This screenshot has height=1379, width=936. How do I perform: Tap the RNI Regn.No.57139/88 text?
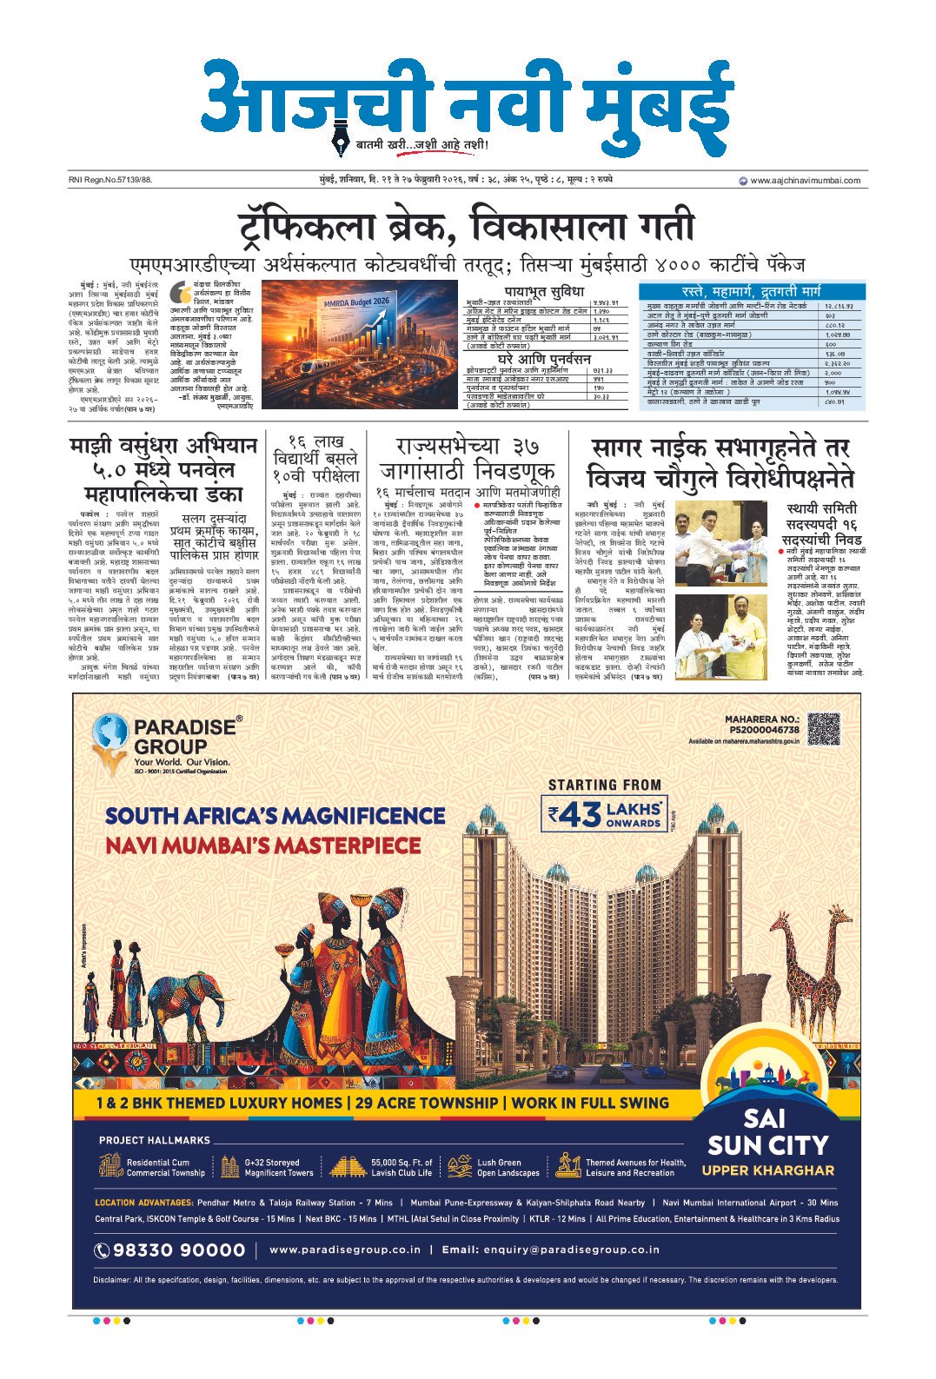pyautogui.click(x=110, y=181)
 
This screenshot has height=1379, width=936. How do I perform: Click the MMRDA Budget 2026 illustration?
pyautogui.click(x=360, y=344)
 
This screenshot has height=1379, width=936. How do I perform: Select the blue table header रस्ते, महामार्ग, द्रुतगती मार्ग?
pyautogui.click(x=751, y=291)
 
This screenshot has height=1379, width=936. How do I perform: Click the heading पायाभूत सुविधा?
pyautogui.click(x=545, y=291)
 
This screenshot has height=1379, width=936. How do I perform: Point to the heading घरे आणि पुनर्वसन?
pyautogui.click(x=544, y=359)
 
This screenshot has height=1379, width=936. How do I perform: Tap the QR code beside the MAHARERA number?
pyautogui.click(x=824, y=729)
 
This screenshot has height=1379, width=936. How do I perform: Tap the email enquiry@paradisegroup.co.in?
pyautogui.click(x=551, y=1250)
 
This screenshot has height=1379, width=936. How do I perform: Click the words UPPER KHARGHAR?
pyautogui.click(x=767, y=1170)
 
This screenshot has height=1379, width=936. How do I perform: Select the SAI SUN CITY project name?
pyautogui.click(x=767, y=1132)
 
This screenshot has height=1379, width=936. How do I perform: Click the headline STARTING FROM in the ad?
pyautogui.click(x=605, y=785)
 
